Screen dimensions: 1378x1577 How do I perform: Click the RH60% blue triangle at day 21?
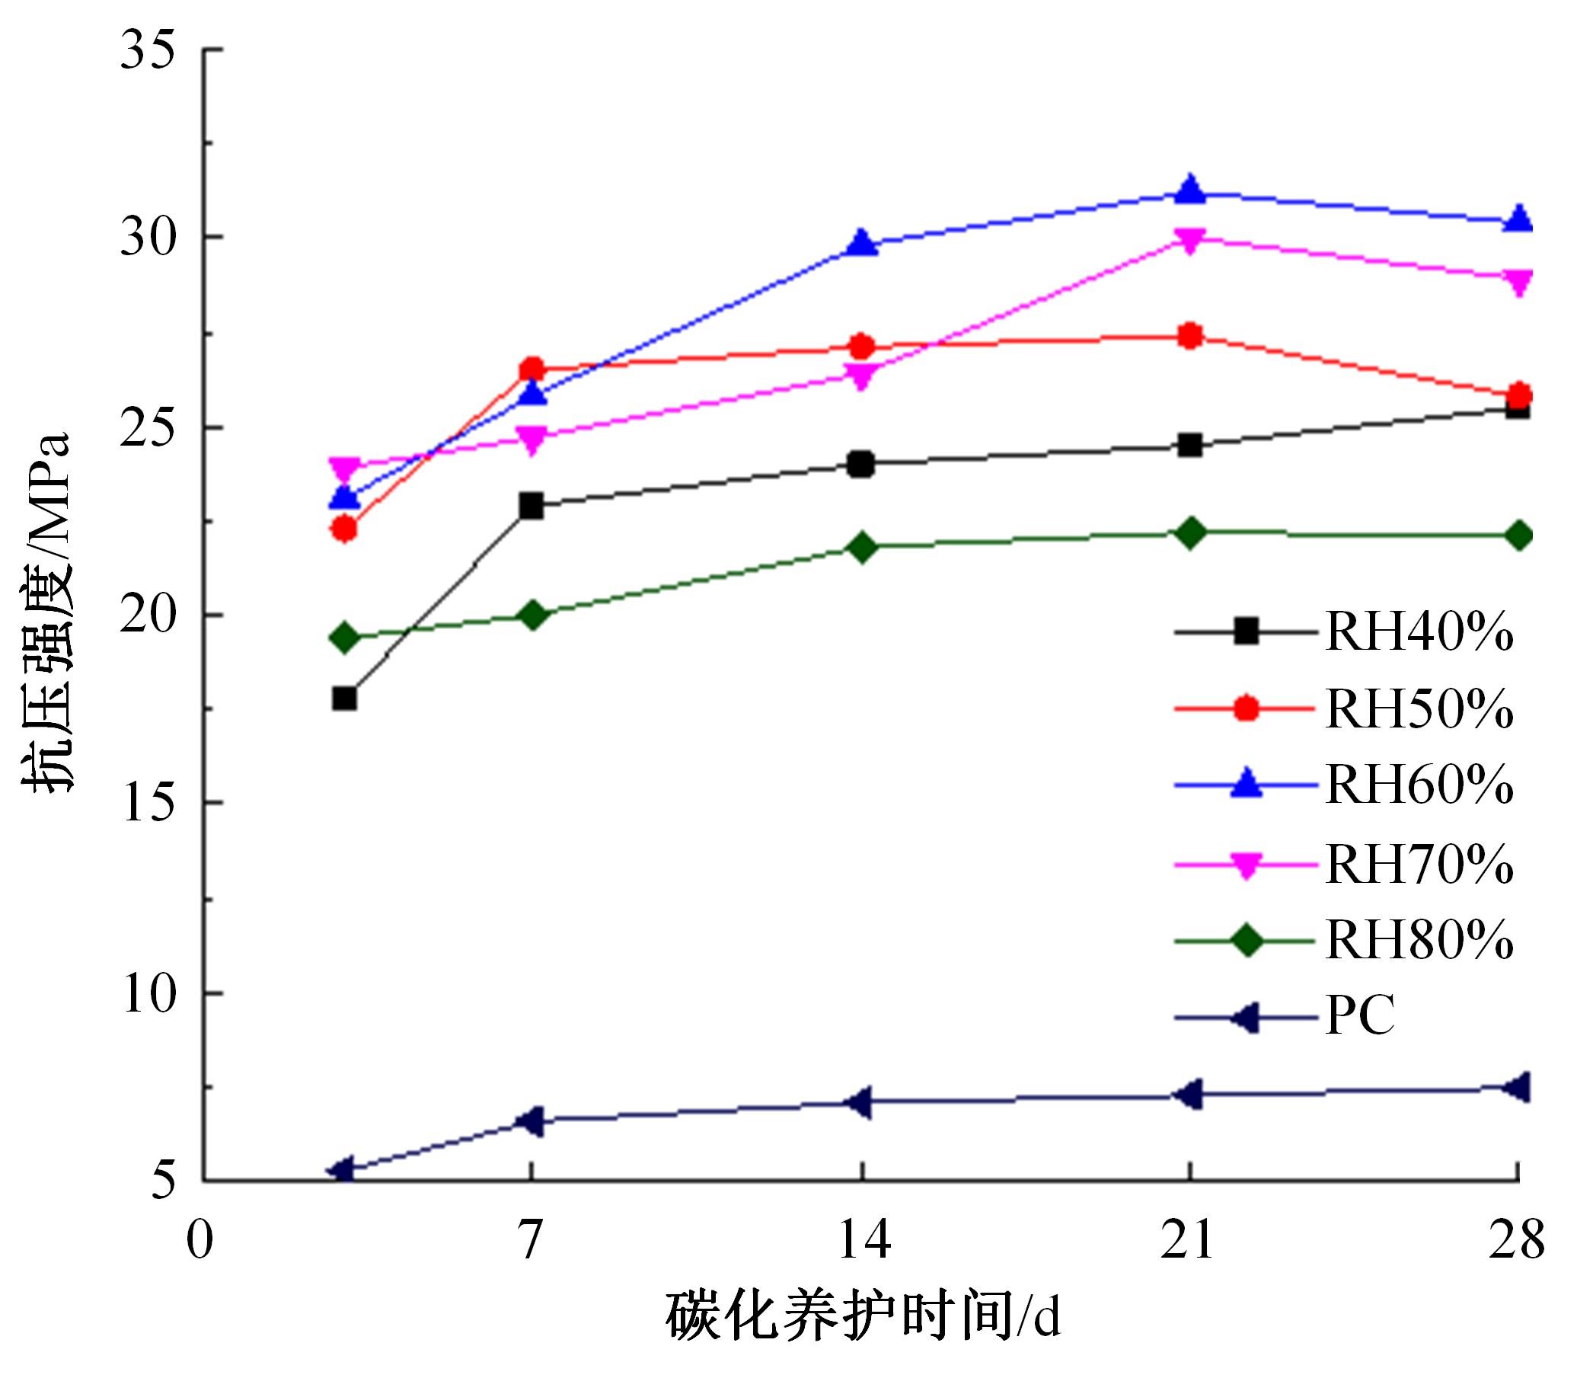[1189, 189]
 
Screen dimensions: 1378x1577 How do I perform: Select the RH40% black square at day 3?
[344, 699]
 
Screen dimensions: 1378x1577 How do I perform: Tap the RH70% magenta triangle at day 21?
[1189, 241]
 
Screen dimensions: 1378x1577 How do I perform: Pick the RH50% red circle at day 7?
[531, 370]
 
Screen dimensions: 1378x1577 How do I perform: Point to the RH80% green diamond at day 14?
[861, 547]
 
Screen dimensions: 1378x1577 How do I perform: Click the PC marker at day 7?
[531, 1121]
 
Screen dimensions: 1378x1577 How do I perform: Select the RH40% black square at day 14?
[861, 465]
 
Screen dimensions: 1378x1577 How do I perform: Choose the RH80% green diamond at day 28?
[1518, 536]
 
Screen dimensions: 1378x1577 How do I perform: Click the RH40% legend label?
[1419, 632]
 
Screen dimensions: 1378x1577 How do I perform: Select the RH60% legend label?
[1419, 785]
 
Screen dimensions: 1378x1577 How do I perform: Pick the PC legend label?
[1359, 1017]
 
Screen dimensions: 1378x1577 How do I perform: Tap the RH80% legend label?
[1419, 940]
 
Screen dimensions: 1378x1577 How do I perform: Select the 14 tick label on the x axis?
[862, 1239]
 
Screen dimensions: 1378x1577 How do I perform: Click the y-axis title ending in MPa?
[48, 612]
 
